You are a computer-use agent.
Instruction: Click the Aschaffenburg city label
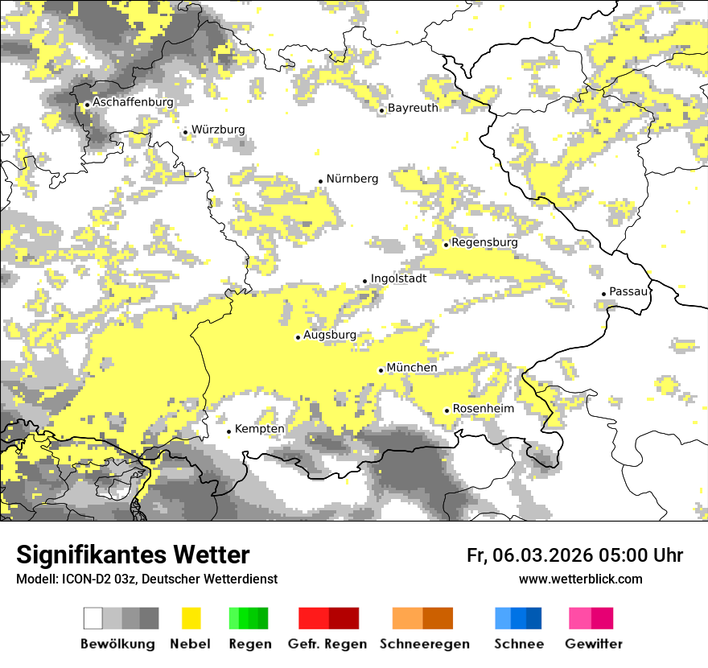pos(133,103)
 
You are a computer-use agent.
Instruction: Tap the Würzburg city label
pos(218,130)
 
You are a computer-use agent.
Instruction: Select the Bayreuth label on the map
pos(413,108)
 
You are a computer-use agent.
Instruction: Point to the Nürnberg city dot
pos(320,181)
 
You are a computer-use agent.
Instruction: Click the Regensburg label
pos(484,242)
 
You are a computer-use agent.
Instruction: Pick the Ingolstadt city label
pos(398,278)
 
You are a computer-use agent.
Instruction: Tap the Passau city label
pos(628,291)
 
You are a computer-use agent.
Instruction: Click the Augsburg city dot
pos(298,337)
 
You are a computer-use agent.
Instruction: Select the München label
pos(412,368)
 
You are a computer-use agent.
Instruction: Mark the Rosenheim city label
pos(483,409)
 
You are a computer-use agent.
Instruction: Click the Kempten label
pos(259,429)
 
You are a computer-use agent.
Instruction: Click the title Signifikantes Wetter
pos(133,555)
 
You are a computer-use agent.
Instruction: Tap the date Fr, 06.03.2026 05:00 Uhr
pos(574,555)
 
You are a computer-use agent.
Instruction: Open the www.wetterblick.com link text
pos(580,579)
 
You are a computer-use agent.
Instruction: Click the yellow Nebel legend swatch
pos(191,618)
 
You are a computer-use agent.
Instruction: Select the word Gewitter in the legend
pos(593,644)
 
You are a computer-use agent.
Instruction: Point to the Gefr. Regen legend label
pos(327,644)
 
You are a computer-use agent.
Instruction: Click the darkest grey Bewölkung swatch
pos(150,618)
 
